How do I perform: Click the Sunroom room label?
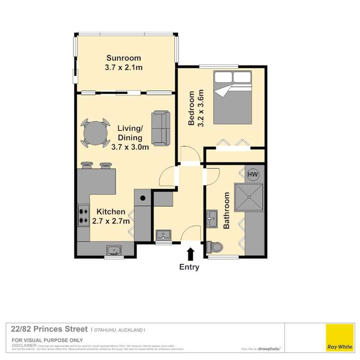point(123,59)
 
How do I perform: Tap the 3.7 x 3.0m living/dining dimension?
point(130,147)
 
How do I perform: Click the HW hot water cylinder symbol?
point(252,174)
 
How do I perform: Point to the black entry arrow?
point(190,253)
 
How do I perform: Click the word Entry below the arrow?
point(189,267)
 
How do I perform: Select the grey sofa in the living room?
point(161,128)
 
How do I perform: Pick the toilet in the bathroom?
point(214,247)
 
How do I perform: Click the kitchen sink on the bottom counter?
point(114,249)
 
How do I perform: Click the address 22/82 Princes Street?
point(49,329)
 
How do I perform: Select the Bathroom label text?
point(228,210)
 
